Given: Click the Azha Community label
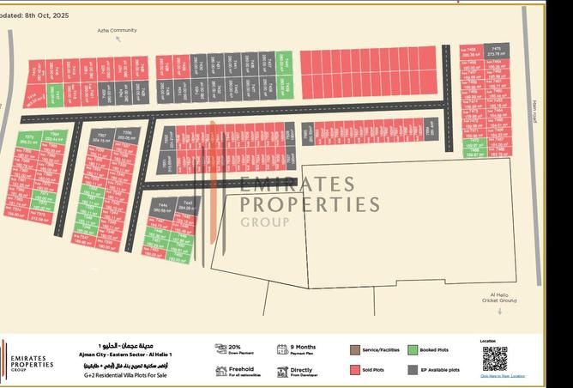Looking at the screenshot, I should (x=117, y=30).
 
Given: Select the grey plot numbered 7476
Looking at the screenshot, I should (x=496, y=52).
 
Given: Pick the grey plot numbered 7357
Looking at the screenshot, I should (x=101, y=138).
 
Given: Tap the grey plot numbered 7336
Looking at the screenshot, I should (x=125, y=136).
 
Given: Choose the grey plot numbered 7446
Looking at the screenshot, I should (x=163, y=209).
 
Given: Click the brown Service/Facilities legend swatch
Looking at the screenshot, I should (x=354, y=350).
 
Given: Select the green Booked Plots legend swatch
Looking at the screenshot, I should (x=413, y=350).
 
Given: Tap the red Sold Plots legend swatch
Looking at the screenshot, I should (x=354, y=370).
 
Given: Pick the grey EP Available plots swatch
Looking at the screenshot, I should (x=413, y=370).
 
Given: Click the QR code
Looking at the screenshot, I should (x=494, y=358).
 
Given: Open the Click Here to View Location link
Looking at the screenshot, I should (x=502, y=376).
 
